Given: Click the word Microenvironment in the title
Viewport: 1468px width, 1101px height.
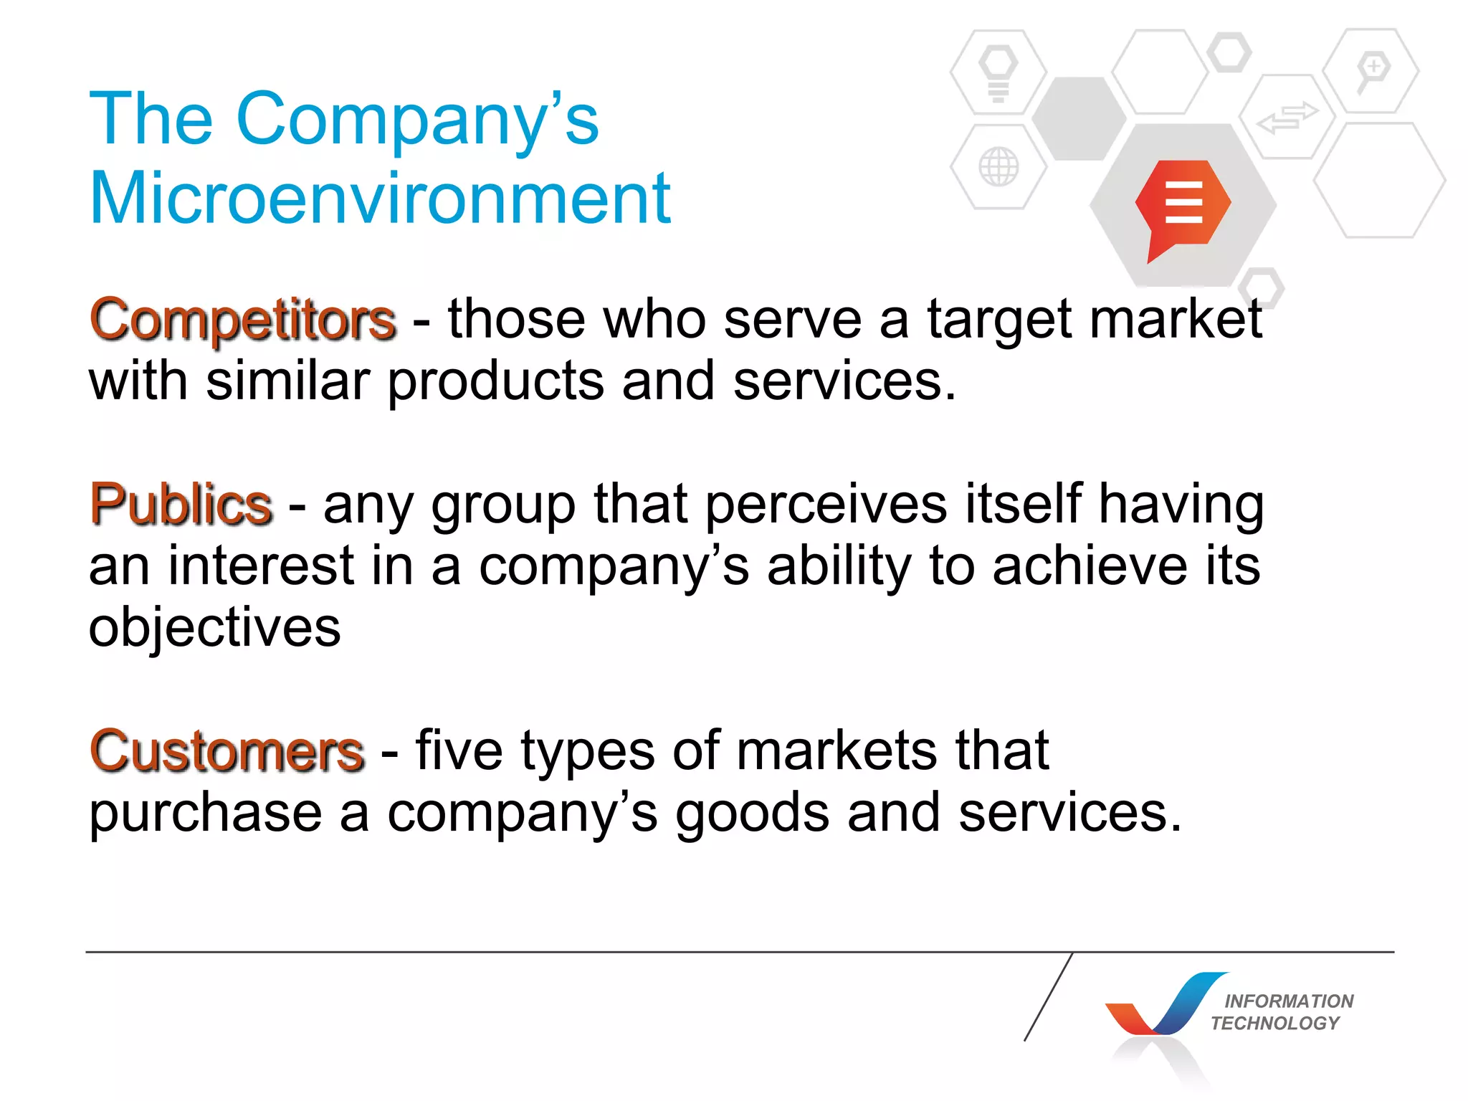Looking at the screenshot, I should [380, 199].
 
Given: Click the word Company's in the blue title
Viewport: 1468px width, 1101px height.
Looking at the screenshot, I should [417, 120].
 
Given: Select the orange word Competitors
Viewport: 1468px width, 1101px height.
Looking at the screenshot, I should [243, 320].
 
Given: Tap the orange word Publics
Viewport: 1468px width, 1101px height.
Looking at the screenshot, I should [181, 505].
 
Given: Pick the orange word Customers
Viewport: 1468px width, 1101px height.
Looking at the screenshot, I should [227, 752].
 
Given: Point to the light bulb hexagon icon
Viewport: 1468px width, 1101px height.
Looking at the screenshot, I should [998, 72].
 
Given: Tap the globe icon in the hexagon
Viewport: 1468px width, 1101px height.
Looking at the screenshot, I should [998, 167].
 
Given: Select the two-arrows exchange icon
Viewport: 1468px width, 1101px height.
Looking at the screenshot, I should [1287, 117].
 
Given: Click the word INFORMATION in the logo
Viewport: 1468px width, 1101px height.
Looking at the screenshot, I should [1289, 1001].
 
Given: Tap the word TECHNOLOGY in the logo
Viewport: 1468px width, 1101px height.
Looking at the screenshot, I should [1274, 1023].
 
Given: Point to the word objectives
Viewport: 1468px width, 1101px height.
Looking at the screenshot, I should [214, 628].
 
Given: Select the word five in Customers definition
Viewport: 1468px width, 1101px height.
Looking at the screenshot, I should [459, 751].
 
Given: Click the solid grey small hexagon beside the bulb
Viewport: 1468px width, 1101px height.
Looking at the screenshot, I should [1079, 118].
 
